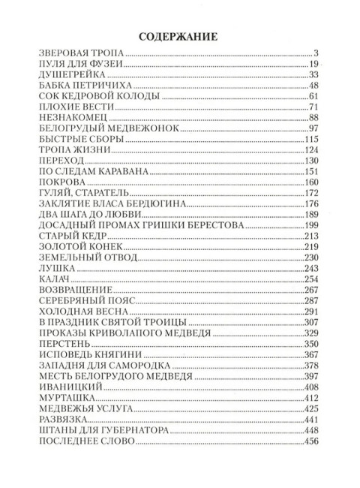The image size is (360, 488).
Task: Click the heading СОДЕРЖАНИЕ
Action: (180, 35)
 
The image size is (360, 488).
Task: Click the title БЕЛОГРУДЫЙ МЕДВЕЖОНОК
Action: (103, 133)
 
